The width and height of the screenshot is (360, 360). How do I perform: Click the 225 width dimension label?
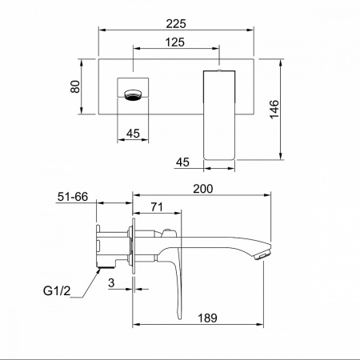(x=176, y=24)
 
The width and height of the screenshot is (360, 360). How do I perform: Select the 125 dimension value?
(x=175, y=42)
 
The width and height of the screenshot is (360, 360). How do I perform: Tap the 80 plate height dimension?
(x=75, y=86)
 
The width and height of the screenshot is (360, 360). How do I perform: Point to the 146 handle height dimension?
(x=274, y=110)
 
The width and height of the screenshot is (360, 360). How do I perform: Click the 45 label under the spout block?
(x=133, y=134)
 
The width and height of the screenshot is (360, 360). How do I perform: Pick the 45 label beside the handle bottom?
(x=182, y=162)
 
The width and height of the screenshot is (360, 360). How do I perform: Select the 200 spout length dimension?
(x=203, y=189)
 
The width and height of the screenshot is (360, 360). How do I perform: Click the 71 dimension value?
(x=157, y=207)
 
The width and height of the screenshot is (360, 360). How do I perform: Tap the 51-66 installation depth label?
(x=73, y=197)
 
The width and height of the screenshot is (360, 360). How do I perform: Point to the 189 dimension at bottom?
(x=207, y=318)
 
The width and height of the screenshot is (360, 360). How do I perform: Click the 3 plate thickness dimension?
(x=111, y=283)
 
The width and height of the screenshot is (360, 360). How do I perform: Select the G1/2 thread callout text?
(x=57, y=290)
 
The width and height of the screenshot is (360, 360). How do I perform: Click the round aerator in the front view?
(x=134, y=95)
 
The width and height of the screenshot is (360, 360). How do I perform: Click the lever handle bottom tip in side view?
(x=179, y=318)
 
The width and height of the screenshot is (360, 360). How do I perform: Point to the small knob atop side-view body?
(x=168, y=230)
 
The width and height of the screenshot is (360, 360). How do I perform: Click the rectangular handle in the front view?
(x=219, y=115)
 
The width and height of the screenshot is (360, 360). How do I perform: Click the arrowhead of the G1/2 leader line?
(x=99, y=271)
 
